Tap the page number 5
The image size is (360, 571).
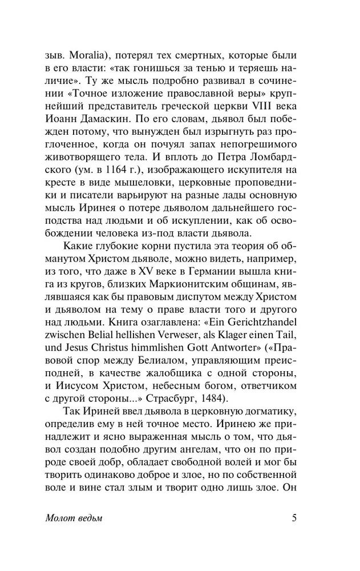[293, 518]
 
